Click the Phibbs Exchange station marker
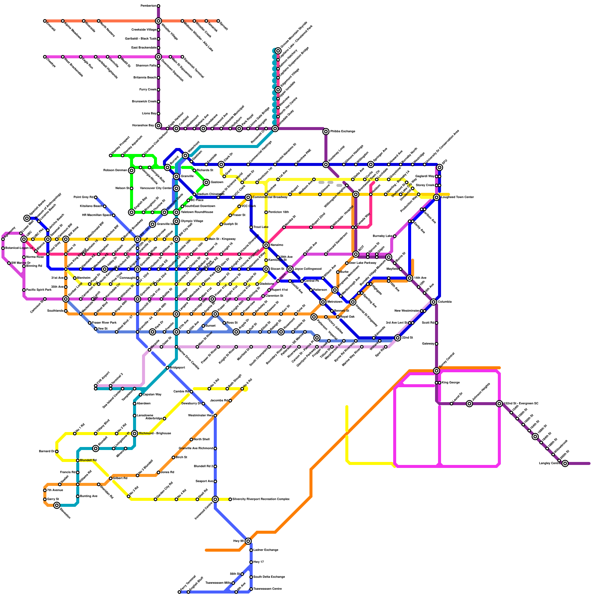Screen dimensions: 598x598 pyautogui.click(x=326, y=132)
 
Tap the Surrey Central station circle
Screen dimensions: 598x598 pyautogui.click(x=437, y=371)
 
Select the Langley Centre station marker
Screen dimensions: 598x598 pyautogui.click(x=565, y=463)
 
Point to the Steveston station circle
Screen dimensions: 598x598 pyautogui.click(x=57, y=505)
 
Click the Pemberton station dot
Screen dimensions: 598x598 pyautogui.click(x=158, y=6)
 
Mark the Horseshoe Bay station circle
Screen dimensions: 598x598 pyautogui.click(x=158, y=126)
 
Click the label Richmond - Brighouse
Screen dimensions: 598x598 pyautogui.click(x=155, y=434)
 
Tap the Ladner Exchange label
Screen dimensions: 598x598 pyautogui.click(x=266, y=550)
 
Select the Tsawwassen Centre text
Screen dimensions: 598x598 pyautogui.click(x=267, y=589)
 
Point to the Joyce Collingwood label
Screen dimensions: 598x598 pyautogui.click(x=308, y=269)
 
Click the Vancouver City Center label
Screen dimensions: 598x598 pyautogui.click(x=155, y=188)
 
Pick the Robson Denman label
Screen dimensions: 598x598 pyautogui.click(x=115, y=170)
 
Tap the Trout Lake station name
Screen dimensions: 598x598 pyautogui.click(x=261, y=227)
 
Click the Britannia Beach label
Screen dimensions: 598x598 pyautogui.click(x=145, y=78)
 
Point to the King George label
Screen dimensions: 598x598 pyautogui.click(x=450, y=383)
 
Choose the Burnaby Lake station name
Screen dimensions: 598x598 pyautogui.click(x=382, y=236)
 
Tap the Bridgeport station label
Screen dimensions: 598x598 pyautogui.click(x=177, y=368)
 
